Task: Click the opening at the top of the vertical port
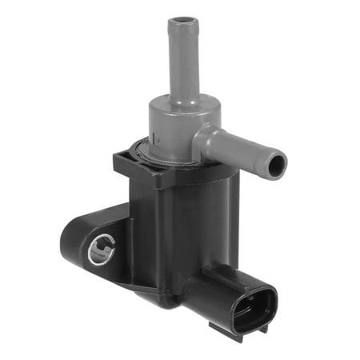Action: coord(183,19)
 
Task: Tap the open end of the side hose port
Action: coord(276,166)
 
